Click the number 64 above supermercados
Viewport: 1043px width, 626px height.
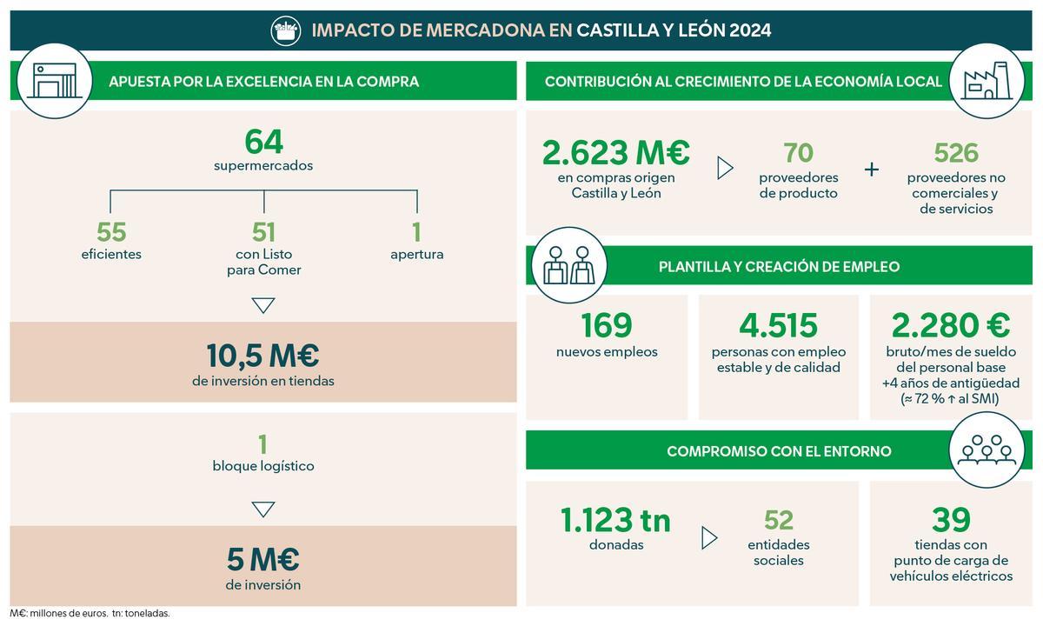pyautogui.click(x=263, y=141)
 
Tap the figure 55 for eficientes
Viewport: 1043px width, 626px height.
pyautogui.click(x=111, y=232)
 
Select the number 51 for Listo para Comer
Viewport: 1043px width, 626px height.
pyautogui.click(x=263, y=232)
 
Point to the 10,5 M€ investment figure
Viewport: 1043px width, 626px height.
pyautogui.click(x=262, y=355)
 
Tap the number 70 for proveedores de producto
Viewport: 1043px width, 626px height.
pyautogui.click(x=798, y=153)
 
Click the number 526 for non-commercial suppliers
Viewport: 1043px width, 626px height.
pyautogui.click(x=955, y=153)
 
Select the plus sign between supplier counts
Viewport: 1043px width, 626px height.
pyautogui.click(x=872, y=169)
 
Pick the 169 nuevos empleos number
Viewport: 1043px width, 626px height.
pyautogui.click(x=607, y=325)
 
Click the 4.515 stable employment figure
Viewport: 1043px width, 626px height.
pyautogui.click(x=778, y=325)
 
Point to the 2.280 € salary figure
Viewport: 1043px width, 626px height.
pyautogui.click(x=950, y=325)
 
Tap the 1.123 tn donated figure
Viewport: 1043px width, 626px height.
pyautogui.click(x=615, y=520)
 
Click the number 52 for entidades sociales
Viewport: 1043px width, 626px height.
pyautogui.click(x=779, y=520)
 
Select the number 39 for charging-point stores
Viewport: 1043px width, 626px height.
pyautogui.click(x=951, y=520)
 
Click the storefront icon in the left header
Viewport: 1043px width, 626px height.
pyautogui.click(x=54, y=81)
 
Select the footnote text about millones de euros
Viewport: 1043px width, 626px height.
pyautogui.click(x=90, y=613)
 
